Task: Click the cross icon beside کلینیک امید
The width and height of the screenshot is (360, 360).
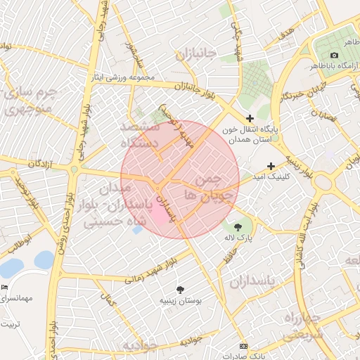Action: click(271, 166)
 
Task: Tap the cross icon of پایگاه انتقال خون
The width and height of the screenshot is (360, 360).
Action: click(249, 118)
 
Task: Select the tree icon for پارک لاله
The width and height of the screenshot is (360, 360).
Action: click(237, 226)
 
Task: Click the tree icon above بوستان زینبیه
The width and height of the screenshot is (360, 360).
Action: click(181, 289)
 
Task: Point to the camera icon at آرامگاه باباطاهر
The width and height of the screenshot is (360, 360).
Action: click(334, 56)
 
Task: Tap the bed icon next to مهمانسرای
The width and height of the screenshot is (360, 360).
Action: click(5, 288)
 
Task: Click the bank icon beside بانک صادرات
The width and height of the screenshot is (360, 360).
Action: click(243, 346)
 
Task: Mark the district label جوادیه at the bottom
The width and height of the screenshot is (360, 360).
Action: click(136, 346)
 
